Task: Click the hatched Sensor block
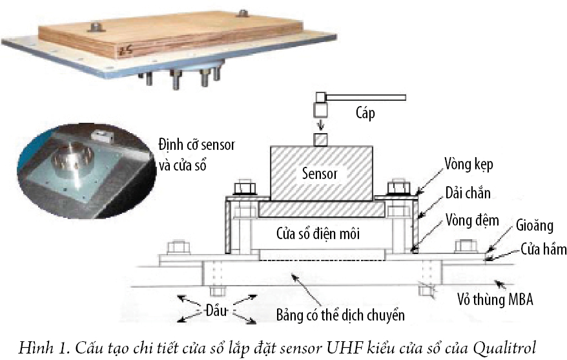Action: pyautogui.click(x=321, y=173)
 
